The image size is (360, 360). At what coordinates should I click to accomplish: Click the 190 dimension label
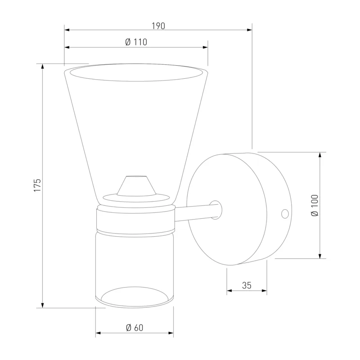coord(158,26)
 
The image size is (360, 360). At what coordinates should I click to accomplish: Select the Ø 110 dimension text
coord(136,42)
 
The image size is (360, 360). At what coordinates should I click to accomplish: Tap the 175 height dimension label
coord(37,185)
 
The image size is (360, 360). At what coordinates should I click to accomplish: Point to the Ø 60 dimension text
coord(135,328)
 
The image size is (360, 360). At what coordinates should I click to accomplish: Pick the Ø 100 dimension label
coord(315,205)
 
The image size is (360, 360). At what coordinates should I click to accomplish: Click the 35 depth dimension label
coord(247,285)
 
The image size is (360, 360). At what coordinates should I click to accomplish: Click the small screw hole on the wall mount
coord(285,214)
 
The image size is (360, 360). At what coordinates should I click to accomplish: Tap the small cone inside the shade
coord(136,186)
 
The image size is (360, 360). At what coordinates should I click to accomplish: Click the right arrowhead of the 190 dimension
coord(250,30)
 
